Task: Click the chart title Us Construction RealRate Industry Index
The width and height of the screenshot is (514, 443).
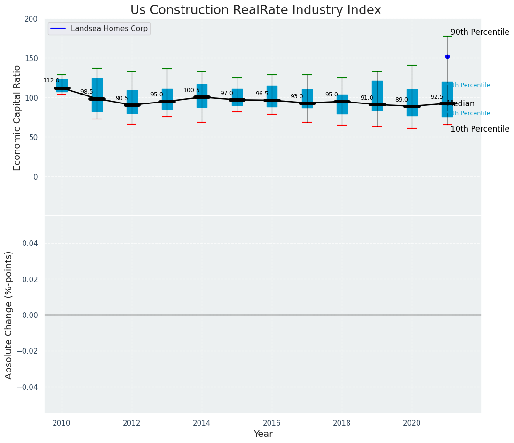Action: tap(255, 10)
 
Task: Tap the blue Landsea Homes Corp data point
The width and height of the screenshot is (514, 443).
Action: tap(447, 56)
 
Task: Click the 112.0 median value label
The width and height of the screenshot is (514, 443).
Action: tap(51, 80)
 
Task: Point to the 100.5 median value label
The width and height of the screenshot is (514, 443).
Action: tap(191, 90)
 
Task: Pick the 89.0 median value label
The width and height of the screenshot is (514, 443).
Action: tap(402, 100)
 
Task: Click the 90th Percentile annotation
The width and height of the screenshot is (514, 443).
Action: tap(480, 32)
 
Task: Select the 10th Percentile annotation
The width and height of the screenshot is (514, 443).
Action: tap(480, 129)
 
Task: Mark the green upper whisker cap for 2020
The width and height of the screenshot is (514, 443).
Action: tap(412, 65)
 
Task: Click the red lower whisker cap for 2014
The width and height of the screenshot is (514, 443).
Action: tap(202, 122)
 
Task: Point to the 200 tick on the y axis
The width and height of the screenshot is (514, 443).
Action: tap(31, 19)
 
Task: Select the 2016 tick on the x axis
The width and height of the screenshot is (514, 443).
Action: tap(272, 423)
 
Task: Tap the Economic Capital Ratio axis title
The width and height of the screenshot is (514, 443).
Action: tap(17, 118)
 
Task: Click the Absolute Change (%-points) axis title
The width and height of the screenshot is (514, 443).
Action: tap(9, 315)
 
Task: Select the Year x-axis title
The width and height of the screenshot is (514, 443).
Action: tap(263, 434)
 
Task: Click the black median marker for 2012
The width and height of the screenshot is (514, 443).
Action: tap(132, 105)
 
